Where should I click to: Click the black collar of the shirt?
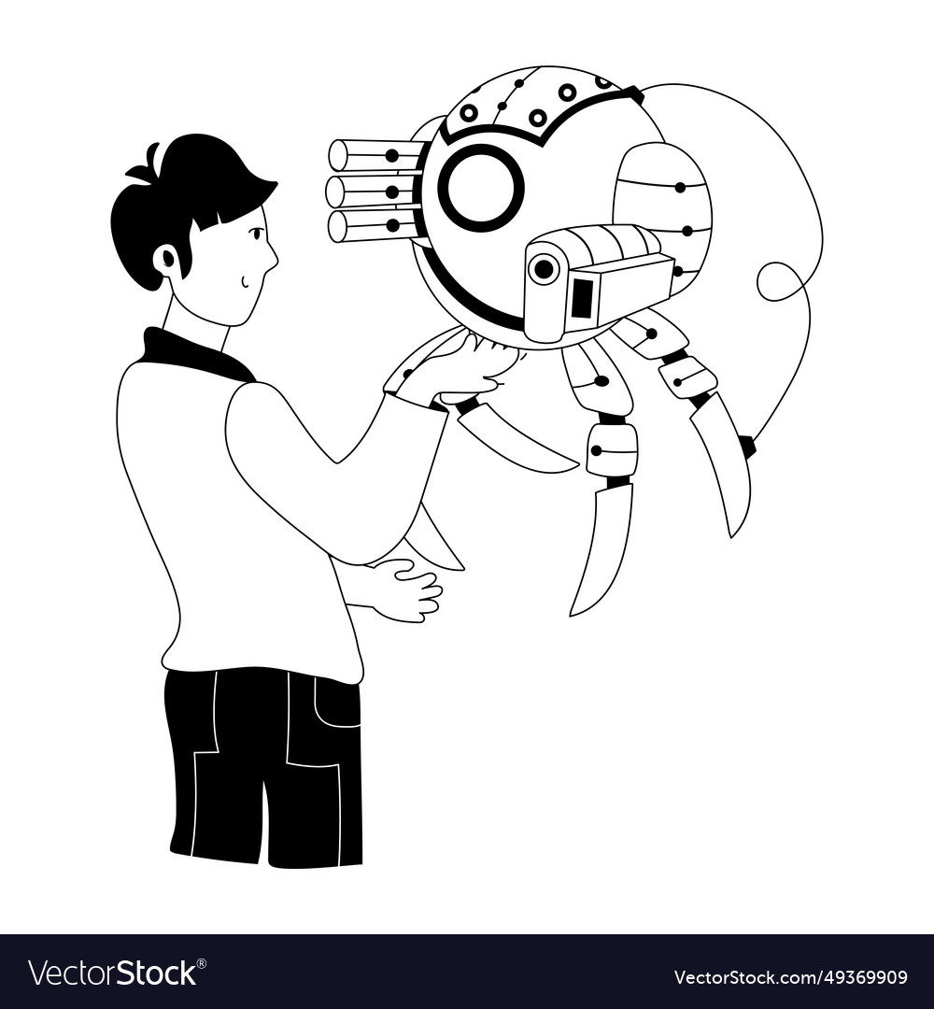click(x=191, y=354)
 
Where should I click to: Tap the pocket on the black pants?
click(x=337, y=702)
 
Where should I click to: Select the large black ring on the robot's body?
click(x=480, y=187)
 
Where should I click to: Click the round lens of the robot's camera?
click(x=543, y=269)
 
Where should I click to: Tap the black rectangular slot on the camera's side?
click(x=582, y=298)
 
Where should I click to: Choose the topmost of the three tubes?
click(x=375, y=154)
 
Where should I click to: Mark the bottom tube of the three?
click(x=373, y=225)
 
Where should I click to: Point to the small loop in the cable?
click(x=777, y=281)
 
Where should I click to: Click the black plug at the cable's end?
click(x=746, y=447)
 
